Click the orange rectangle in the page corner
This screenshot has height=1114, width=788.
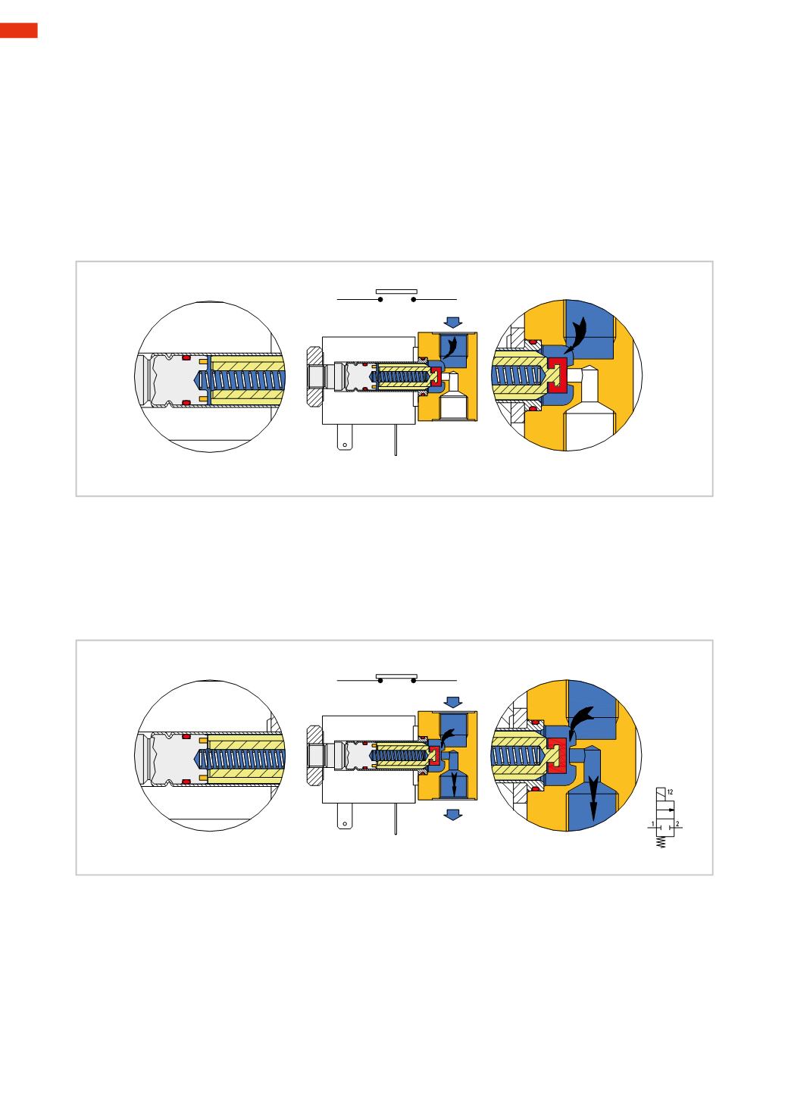[18, 30]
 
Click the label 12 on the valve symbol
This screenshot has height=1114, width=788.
[670, 791]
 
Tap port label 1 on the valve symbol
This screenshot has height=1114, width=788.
[652, 824]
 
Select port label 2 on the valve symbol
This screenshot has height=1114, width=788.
[677, 824]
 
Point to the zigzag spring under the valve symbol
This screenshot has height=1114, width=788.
[661, 842]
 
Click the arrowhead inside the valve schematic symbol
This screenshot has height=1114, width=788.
[671, 810]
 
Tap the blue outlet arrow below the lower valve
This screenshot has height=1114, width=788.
[452, 814]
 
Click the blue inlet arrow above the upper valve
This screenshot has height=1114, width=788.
[452, 323]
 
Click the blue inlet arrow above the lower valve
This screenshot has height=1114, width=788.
[452, 702]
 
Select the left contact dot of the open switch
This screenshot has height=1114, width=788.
[380, 299]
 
